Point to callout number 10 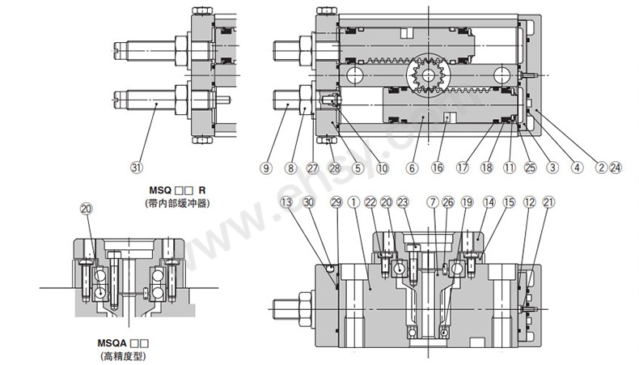point(382,168)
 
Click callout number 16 point(437,168)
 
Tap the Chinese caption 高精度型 point(125,355)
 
